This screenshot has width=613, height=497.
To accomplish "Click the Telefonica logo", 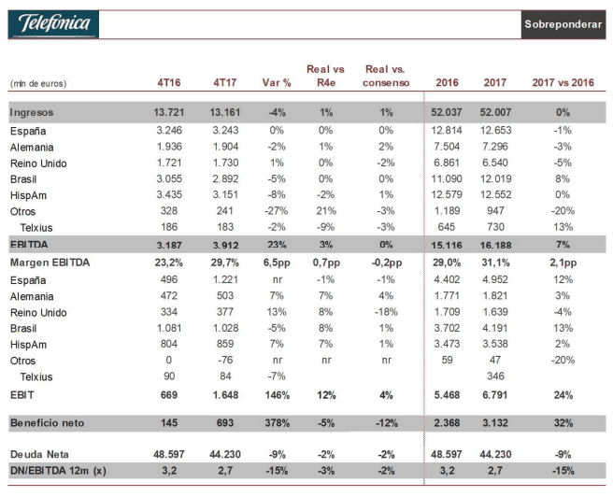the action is [x=53, y=24].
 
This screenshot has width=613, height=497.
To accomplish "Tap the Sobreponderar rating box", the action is [x=563, y=24].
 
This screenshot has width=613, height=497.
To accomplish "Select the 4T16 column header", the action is [x=169, y=82].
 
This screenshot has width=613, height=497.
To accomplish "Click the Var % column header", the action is [x=277, y=82].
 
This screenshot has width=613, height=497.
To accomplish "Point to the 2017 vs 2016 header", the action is [x=563, y=82].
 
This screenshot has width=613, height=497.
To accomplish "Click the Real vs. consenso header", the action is [x=386, y=76].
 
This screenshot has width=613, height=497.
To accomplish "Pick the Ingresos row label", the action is [x=32, y=112].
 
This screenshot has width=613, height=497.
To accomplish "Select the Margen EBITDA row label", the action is [x=50, y=263].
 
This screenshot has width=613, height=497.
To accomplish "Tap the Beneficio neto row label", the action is [x=48, y=423].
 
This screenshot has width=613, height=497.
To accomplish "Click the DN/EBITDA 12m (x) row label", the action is [x=58, y=471].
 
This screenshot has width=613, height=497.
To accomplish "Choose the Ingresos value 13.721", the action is [x=169, y=112].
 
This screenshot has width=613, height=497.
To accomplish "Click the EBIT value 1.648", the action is [x=225, y=395].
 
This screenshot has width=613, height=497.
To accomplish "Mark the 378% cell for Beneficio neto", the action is [x=278, y=423].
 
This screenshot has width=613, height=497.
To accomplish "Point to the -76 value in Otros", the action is [x=225, y=360].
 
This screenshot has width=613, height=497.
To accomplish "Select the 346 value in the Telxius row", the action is [x=495, y=376].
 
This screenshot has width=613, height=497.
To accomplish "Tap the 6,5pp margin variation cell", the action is [x=277, y=263].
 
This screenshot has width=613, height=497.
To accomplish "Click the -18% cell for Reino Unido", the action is [x=386, y=312].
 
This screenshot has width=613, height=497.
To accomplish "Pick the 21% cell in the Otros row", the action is [x=326, y=211].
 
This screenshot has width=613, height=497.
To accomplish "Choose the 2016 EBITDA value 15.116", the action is [x=447, y=246].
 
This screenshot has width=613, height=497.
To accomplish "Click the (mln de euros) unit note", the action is [x=38, y=83].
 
